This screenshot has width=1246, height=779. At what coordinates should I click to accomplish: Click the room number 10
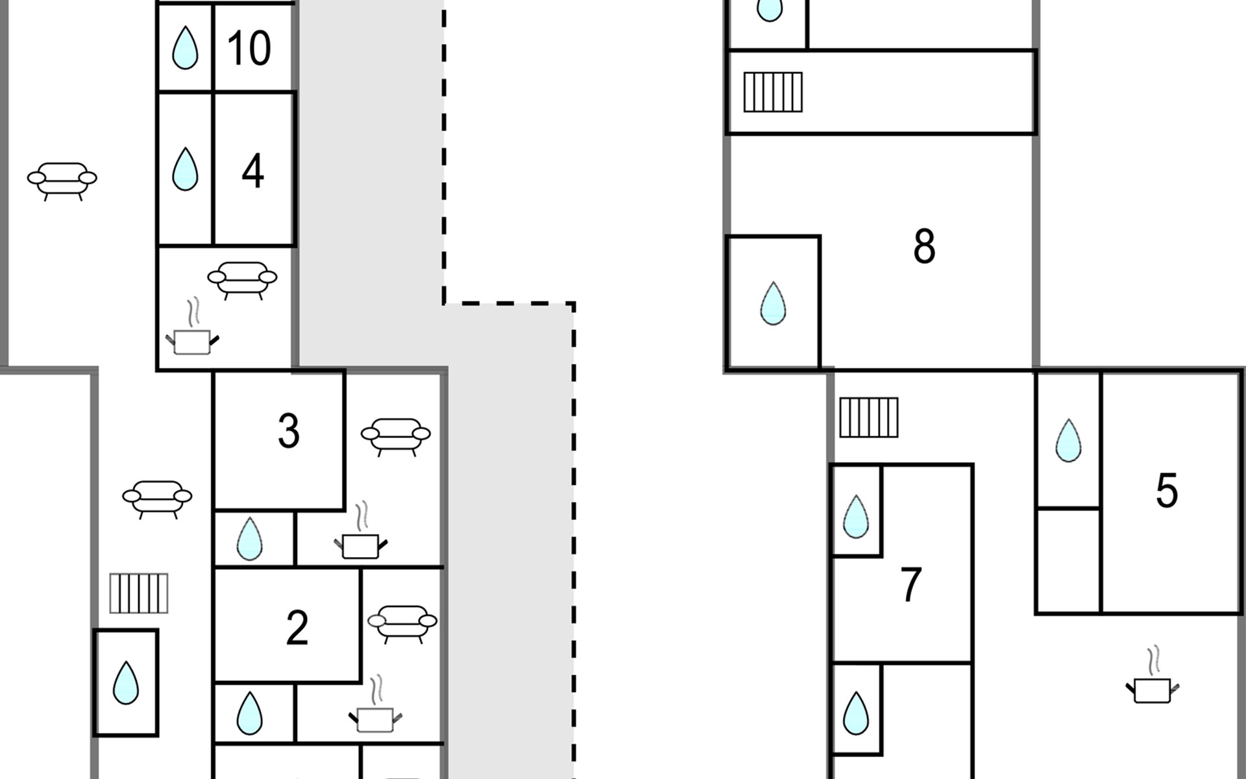[249, 47]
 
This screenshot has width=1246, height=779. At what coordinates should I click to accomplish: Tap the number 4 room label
[252, 171]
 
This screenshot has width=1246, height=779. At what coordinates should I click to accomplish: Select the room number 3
[289, 430]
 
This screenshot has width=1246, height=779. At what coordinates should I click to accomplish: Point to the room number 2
[297, 628]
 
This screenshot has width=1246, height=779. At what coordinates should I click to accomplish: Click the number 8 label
[924, 246]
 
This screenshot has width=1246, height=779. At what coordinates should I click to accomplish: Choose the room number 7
[911, 584]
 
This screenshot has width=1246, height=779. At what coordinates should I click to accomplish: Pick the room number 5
[1167, 490]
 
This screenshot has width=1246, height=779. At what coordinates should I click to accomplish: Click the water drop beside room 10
[185, 47]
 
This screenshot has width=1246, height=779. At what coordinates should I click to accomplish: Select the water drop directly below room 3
[249, 539]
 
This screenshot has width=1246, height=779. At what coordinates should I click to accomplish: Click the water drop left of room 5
[1068, 440]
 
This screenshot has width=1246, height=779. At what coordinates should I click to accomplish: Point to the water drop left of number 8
[773, 303]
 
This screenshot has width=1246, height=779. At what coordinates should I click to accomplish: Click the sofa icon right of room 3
[396, 437]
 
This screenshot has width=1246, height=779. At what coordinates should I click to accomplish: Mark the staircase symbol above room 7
[869, 417]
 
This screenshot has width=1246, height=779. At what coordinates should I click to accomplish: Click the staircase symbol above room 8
[773, 92]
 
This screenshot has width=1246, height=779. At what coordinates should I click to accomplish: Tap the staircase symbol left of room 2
[139, 593]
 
